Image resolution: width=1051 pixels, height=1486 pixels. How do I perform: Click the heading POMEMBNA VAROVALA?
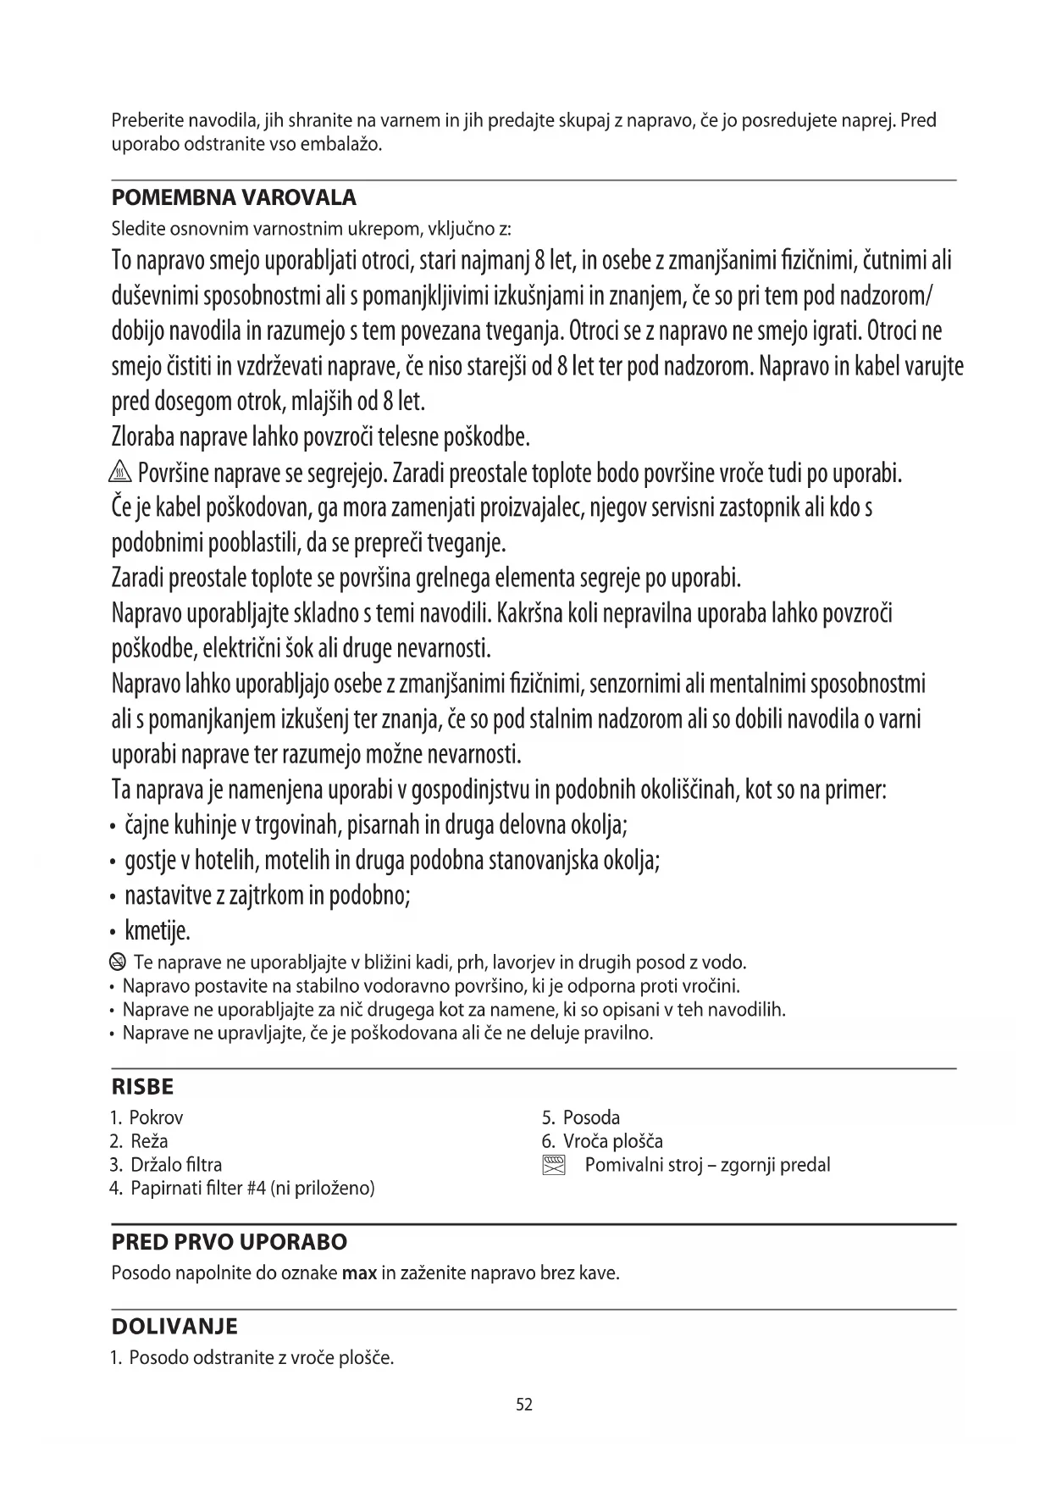pos(234,198)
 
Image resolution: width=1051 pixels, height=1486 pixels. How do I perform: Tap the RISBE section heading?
pos(142,1087)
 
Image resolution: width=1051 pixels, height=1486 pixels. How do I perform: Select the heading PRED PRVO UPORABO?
pos(230,1243)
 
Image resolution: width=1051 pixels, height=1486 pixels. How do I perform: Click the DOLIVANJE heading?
pos(174,1327)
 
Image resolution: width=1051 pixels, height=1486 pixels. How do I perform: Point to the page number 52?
pos(524,1405)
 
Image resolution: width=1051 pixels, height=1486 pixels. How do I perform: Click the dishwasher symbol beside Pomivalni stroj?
pos(553,1165)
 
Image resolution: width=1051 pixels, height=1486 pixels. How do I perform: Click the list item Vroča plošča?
pos(602,1141)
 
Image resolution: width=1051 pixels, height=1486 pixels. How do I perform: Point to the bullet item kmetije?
pos(158,931)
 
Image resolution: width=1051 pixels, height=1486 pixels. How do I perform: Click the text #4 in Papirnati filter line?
pos(257,1189)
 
